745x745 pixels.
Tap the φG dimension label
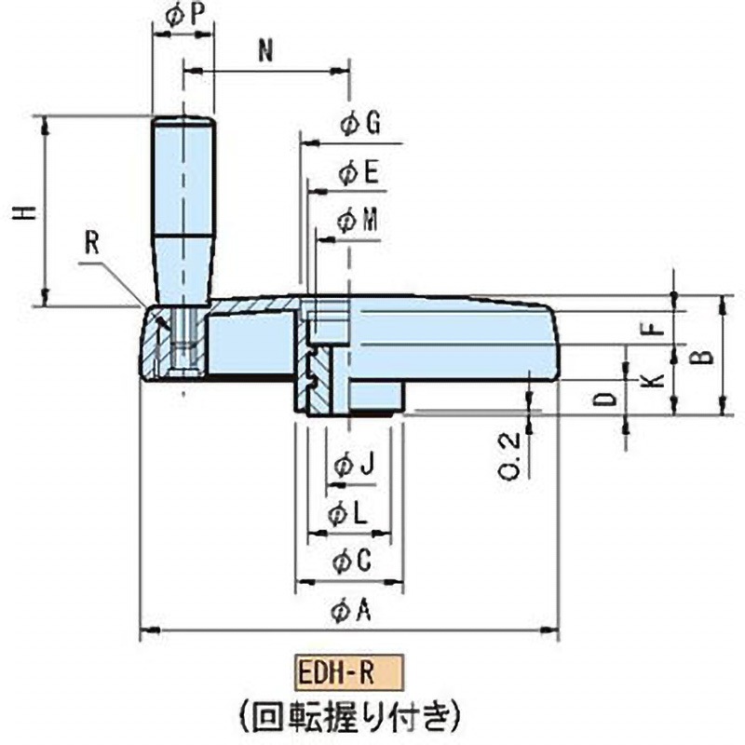[359, 125]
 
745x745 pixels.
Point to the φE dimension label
[359, 172]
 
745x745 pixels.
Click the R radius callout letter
[91, 243]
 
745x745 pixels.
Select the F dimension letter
[653, 328]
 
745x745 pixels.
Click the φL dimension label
[352, 513]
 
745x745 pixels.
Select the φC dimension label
[352, 562]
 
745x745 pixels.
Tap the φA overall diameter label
[352, 611]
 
